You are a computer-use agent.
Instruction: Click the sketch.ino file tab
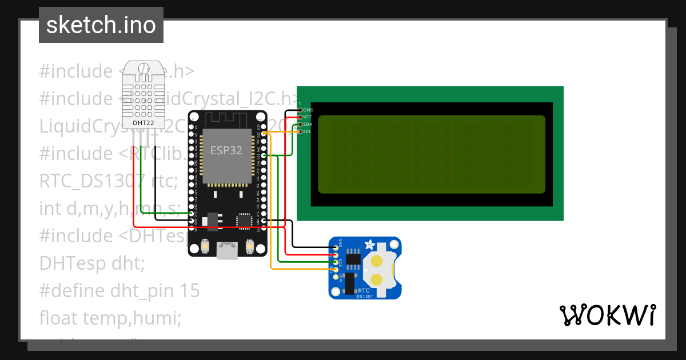101,25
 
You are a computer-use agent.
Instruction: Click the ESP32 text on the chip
226,151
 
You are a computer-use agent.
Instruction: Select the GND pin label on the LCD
308,110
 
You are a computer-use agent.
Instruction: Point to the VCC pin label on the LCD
308,117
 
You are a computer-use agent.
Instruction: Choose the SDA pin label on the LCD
308,124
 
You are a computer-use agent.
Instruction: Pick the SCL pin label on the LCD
307,131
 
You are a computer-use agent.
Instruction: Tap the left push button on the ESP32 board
205,247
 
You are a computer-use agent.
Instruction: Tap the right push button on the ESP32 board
250,247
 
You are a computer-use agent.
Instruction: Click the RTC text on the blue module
365,290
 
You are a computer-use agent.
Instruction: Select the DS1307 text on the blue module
365,296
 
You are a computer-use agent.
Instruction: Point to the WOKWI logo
607,315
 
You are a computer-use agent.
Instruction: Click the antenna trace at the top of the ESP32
228,119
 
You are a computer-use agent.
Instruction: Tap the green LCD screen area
432,154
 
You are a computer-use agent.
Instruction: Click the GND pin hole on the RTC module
336,248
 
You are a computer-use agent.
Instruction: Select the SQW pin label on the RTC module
341,278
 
